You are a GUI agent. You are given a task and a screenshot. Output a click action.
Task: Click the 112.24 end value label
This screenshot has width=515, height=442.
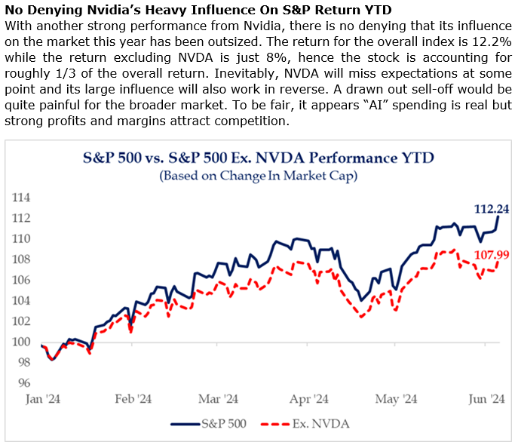491,210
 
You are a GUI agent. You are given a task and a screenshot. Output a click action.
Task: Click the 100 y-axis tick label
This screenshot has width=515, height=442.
23,342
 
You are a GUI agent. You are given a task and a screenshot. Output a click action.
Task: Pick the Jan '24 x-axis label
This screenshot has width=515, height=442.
44,399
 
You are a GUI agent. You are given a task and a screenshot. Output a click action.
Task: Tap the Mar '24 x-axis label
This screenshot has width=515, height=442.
219,399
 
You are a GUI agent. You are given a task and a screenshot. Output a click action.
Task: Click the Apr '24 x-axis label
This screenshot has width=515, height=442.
308,399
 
